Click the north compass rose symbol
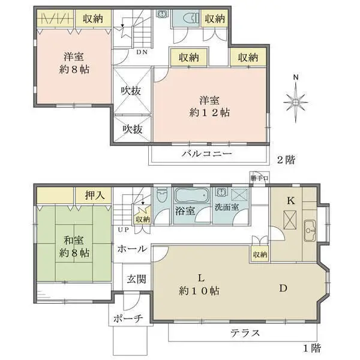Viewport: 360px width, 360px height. click(296, 100)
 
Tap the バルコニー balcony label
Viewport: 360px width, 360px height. click(207, 154)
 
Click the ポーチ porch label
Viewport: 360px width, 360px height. click(126, 319)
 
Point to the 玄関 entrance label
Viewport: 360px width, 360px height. click(135, 279)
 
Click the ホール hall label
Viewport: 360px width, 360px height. click(130, 249)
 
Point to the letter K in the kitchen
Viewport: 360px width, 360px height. click(290, 201)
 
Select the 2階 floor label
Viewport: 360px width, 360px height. click(286, 160)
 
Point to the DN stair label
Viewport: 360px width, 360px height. click(143, 52)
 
